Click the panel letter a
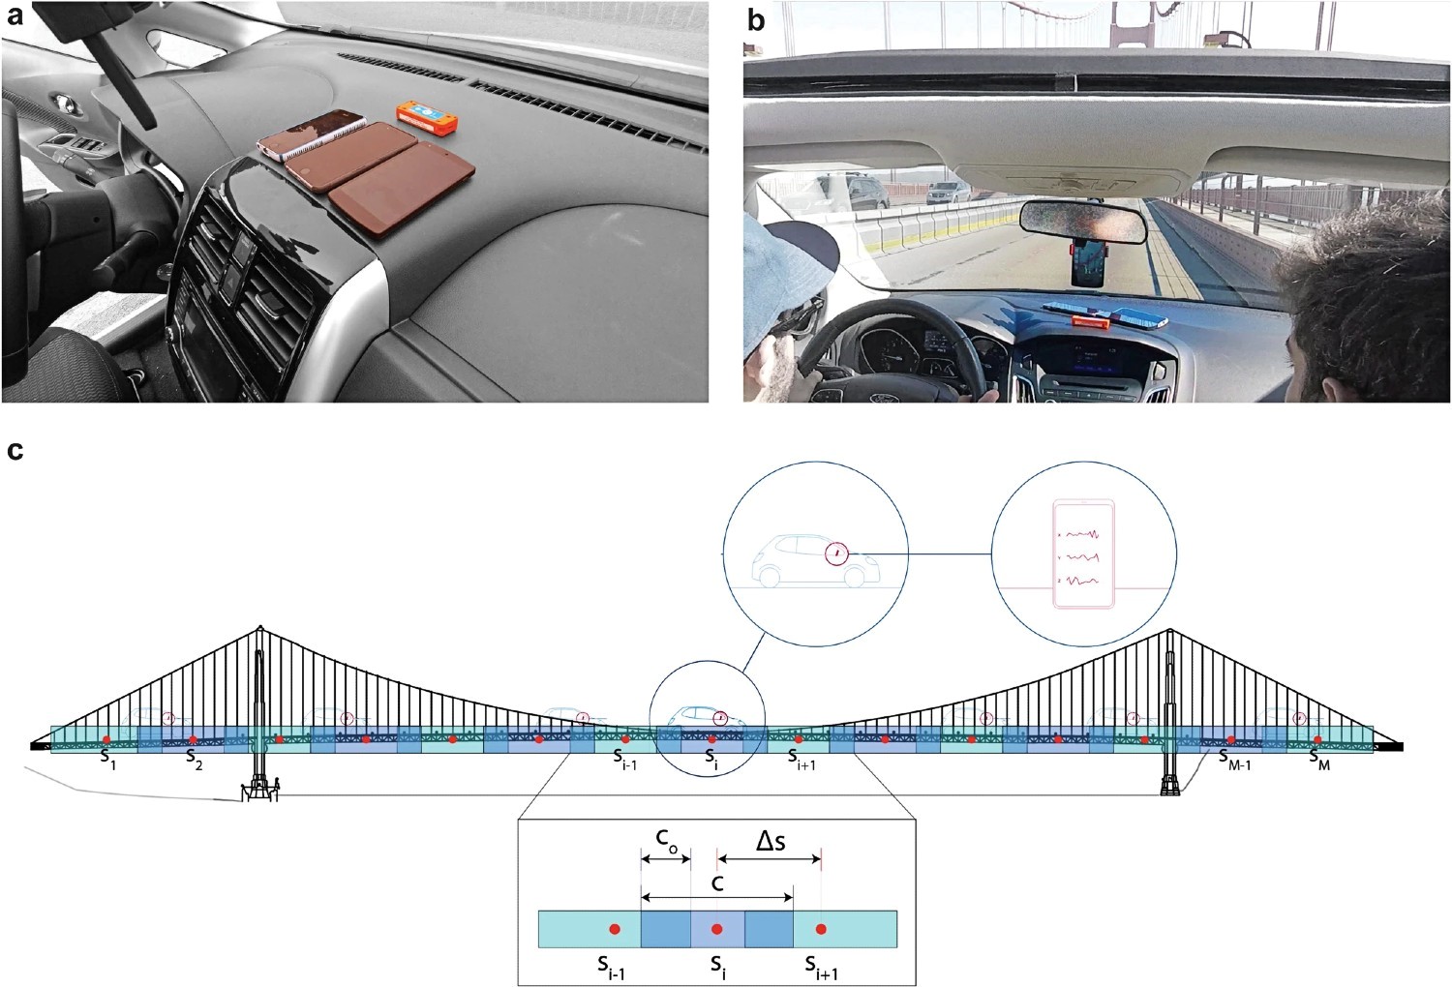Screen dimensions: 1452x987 coord(15,15)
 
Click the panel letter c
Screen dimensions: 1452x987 coord(15,451)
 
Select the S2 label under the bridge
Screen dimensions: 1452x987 coord(195,758)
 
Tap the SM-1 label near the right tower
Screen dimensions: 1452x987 coord(1235,758)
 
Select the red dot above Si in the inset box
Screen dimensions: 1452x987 coord(717,929)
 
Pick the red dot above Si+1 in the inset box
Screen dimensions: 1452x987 coord(821,929)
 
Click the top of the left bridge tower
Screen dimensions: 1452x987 coord(260,627)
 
